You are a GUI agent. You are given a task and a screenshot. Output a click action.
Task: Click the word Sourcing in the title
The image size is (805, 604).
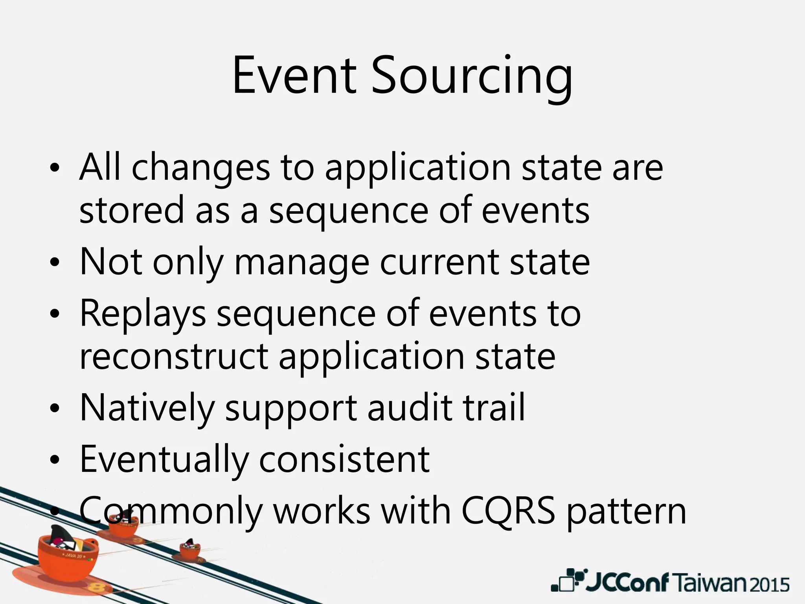pos(472,77)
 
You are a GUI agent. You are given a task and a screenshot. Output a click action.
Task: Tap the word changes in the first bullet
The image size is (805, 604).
pos(200,168)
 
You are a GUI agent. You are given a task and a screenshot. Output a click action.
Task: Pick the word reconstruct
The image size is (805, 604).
pos(174,357)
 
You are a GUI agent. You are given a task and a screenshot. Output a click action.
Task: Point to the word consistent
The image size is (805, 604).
pos(344,459)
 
